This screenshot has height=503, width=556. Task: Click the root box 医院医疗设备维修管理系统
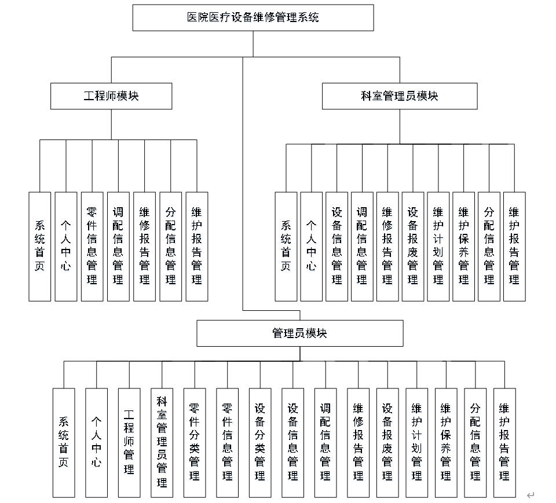(253, 18)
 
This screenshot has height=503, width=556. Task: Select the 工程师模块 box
(111, 96)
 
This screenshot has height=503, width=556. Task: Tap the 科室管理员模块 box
(400, 96)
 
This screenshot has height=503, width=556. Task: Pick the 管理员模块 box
(300, 334)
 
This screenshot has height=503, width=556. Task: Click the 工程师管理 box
(129, 442)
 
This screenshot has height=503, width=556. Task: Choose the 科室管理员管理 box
(162, 442)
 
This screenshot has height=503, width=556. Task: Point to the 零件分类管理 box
(195, 442)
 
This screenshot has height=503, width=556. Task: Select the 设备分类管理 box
(260, 442)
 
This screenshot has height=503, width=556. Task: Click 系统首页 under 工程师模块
(40, 247)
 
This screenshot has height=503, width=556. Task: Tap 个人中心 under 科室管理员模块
(311, 247)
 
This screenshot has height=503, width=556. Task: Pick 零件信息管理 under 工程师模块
(92, 247)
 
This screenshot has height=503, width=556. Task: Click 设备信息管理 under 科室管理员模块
(336, 247)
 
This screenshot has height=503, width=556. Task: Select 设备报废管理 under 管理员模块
(387, 442)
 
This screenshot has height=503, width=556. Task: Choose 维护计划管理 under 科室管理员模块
(438, 247)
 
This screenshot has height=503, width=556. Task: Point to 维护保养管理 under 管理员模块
(446, 442)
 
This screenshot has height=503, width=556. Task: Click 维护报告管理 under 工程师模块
(197, 247)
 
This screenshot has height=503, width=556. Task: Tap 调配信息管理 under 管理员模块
(325, 442)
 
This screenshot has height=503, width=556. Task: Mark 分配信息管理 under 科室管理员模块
(489, 247)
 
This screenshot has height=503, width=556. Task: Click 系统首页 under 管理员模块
(64, 442)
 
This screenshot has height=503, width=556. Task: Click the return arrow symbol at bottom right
(531, 495)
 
